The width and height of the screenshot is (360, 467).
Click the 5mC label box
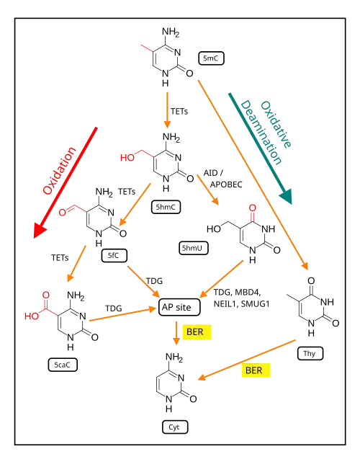point(211,58)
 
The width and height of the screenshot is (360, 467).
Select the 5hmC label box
point(166,207)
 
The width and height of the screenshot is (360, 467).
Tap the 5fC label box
point(114,256)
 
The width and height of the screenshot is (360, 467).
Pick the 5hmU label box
point(194,248)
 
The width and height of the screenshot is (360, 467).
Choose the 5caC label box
point(63,365)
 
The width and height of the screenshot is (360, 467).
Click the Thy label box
point(310,354)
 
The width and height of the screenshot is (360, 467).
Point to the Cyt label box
point(175,427)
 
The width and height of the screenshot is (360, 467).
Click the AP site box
point(179,307)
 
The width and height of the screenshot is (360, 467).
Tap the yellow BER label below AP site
point(197,332)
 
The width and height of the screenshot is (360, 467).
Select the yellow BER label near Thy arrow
point(256,370)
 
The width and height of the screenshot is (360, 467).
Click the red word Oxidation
point(60,170)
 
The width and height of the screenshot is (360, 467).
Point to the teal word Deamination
point(261,133)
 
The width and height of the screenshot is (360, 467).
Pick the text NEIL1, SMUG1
point(241,304)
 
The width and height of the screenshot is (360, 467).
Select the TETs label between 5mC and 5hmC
point(179,112)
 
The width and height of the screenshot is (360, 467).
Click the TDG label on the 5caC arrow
point(113,308)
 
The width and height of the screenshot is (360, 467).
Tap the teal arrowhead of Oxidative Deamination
point(286,196)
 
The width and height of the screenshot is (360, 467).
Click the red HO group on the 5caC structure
point(32,316)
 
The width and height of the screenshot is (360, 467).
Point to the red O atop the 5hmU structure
point(252,208)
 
